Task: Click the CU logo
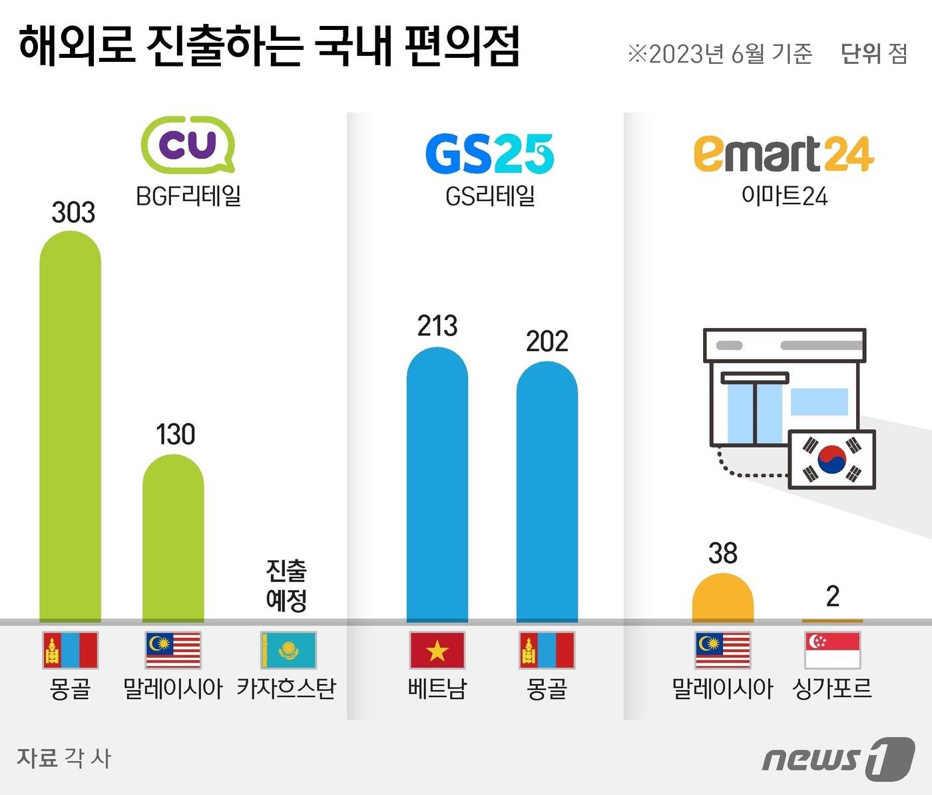pyautogui.click(x=188, y=144)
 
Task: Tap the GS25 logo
pyautogui.click(x=489, y=154)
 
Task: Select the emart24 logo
pyautogui.click(x=784, y=154)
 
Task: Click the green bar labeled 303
pyautogui.click(x=71, y=426)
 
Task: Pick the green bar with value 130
pyautogui.click(x=173, y=539)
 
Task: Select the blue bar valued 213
pyautogui.click(x=437, y=486)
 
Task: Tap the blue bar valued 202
pyautogui.click(x=547, y=492)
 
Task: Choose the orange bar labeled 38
pyautogui.click(x=723, y=600)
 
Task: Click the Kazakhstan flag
pyautogui.click(x=288, y=650)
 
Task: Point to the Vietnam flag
pyautogui.click(x=437, y=650)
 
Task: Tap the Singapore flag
pyautogui.click(x=833, y=650)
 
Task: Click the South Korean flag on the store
pyautogui.click(x=831, y=460)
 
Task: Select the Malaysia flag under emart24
pyautogui.click(x=723, y=650)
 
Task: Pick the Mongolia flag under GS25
pyautogui.click(x=547, y=650)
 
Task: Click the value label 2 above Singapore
pyautogui.click(x=833, y=596)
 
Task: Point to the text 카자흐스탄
pyautogui.click(x=287, y=689)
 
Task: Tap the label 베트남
pyautogui.click(x=437, y=689)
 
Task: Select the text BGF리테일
pyautogui.click(x=188, y=196)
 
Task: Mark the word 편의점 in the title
pyautogui.click(x=463, y=48)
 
